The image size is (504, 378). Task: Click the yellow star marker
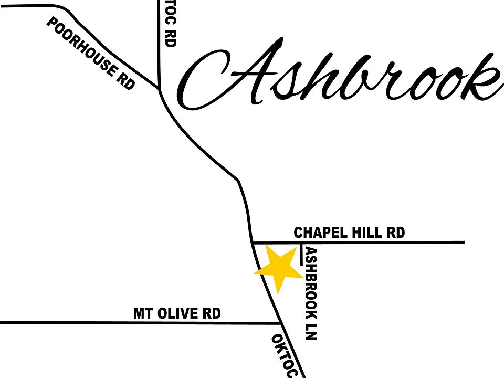[x=277, y=268]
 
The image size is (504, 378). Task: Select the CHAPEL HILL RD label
[x=349, y=232]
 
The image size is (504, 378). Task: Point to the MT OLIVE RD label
[x=177, y=313]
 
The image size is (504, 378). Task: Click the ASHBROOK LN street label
[x=311, y=293]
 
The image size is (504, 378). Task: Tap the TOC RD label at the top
[x=170, y=24]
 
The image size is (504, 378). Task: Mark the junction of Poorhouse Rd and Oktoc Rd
[x=159, y=89]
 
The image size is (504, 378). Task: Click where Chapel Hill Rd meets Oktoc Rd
[x=252, y=243]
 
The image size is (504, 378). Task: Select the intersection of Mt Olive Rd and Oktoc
[x=278, y=322]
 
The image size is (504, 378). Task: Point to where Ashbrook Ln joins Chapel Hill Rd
[x=300, y=243]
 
